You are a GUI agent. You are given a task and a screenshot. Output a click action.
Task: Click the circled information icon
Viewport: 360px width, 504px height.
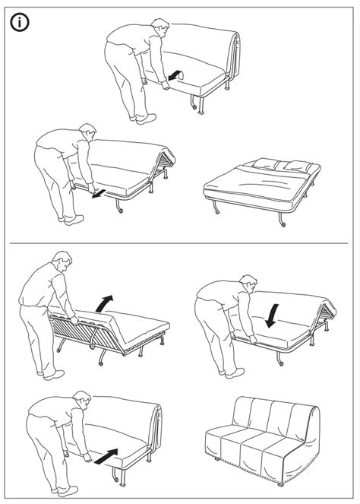[x=21, y=24]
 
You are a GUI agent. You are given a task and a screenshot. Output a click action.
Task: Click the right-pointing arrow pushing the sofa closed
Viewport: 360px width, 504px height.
[x=109, y=455]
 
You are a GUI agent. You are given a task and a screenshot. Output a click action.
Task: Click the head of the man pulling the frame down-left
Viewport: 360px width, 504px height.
[x=87, y=135]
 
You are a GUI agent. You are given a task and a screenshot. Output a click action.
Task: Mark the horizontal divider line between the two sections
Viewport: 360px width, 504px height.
[x=180, y=243]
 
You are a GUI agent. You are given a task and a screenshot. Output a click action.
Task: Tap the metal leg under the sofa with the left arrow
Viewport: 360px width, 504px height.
[x=199, y=102]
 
